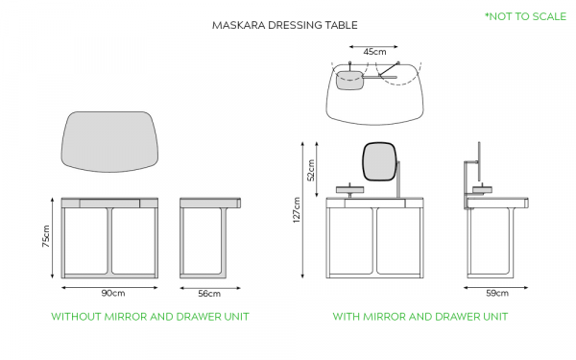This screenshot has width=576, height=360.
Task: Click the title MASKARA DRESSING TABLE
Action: click(x=285, y=25)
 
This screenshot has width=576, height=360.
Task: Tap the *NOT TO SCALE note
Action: click(x=526, y=16)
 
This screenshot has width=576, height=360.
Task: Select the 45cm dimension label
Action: click(x=374, y=52)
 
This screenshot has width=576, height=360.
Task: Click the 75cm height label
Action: click(x=46, y=236)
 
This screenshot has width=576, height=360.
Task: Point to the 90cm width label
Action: click(x=113, y=293)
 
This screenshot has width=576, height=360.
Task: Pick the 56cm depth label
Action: click(x=209, y=294)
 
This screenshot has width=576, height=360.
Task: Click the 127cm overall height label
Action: click(x=297, y=209)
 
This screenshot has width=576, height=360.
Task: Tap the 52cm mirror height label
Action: click(x=311, y=170)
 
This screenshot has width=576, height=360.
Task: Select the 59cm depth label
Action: click(x=497, y=293)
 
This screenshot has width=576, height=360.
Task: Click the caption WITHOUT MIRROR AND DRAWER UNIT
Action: click(x=150, y=317)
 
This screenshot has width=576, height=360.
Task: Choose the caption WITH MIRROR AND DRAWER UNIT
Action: click(x=420, y=317)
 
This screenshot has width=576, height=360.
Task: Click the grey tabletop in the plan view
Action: click(x=109, y=141)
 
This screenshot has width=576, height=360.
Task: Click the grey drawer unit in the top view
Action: click(x=349, y=80)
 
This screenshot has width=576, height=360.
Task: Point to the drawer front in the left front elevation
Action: click(x=109, y=204)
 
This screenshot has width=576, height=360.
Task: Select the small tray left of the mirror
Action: click(x=349, y=189)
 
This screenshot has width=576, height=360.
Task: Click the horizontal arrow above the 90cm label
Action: click(x=109, y=288)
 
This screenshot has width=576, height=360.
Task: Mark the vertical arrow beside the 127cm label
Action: click(x=302, y=209)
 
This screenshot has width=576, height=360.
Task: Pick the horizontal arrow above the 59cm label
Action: click(x=496, y=288)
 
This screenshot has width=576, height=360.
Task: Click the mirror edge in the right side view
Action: click(x=479, y=161)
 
